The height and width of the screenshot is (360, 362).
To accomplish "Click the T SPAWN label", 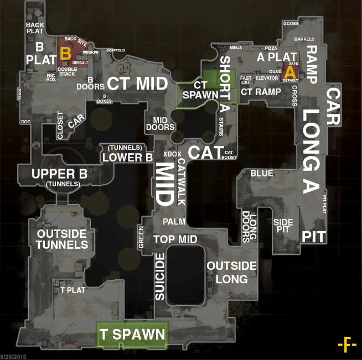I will pos(132,335).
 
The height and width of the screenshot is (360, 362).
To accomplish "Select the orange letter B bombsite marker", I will pos(65,53).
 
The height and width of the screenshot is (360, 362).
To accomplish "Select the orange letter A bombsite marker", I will pos(290,71).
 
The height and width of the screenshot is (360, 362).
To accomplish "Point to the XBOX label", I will pos(172,154).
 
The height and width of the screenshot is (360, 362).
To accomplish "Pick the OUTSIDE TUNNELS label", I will pos(62,239).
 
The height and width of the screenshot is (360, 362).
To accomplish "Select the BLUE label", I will pos(262,174).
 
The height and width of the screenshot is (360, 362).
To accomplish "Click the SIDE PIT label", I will pos(283,226).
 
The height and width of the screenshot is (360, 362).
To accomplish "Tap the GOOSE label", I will pos(291,24).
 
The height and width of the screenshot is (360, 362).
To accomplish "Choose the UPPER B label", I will pos(59,174).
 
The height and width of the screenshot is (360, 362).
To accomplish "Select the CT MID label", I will pos(137,84).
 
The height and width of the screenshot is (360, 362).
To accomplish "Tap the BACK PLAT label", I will pos(35,28).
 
